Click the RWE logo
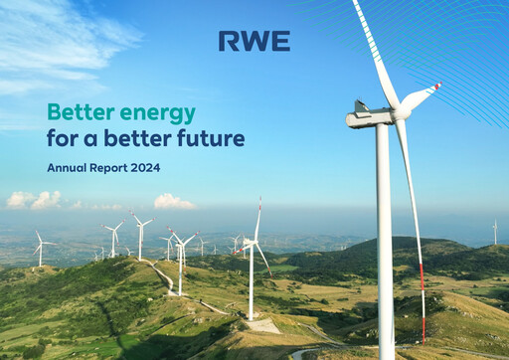click(x=254, y=41)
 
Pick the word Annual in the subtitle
click(x=67, y=168)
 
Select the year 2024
click(x=146, y=168)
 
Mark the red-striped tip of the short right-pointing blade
click(x=434, y=87)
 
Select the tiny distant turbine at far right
click(x=495, y=232)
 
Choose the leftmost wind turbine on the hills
click(x=40, y=249)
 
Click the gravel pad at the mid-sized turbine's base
click(x=260, y=324)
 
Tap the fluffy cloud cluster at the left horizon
click(x=34, y=200)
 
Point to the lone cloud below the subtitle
click(x=173, y=201)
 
